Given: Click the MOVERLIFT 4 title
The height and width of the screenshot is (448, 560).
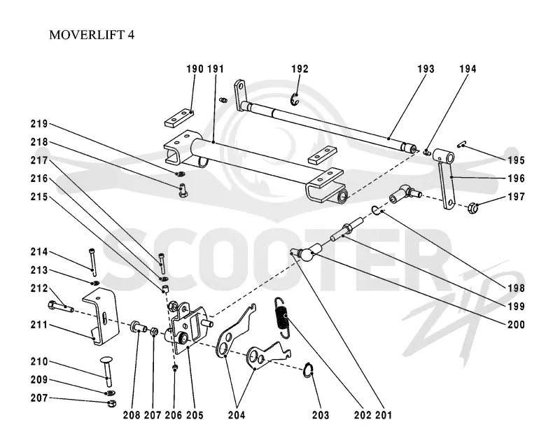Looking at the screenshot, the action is tap(92, 35).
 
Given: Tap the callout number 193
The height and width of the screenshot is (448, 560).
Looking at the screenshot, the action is tap(426, 69).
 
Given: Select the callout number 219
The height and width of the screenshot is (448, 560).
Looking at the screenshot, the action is tap(39, 124).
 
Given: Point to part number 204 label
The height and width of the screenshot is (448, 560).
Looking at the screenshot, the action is tap(237, 415).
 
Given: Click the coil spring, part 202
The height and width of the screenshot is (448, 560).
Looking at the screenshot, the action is tap(282, 317).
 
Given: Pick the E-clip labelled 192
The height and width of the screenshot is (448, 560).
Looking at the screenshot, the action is tap(295, 99).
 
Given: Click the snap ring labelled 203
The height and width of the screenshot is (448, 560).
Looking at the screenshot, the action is tap(308, 370).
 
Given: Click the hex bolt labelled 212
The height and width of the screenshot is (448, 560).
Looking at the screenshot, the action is tap(61, 307).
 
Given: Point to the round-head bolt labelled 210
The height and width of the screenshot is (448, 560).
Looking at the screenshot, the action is tap(106, 371).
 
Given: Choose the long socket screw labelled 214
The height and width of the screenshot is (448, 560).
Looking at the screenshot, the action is tap(92, 262).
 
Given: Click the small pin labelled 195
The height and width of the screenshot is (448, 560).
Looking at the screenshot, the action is tap(462, 144).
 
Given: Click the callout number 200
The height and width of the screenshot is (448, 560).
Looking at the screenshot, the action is tap(516, 324).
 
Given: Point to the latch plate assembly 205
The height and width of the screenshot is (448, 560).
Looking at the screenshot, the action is tap(189, 325).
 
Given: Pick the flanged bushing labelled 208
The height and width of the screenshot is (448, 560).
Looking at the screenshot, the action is tap(139, 326).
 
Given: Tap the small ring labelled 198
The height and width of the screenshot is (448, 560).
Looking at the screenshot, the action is tap(376, 211).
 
